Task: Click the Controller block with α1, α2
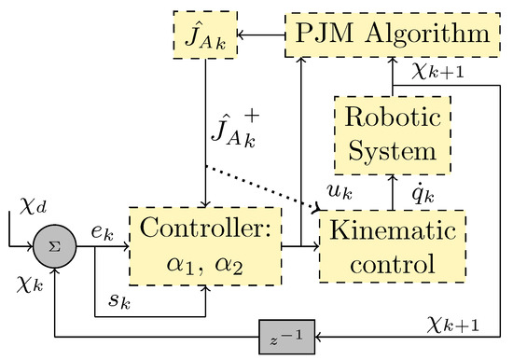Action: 207,246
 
